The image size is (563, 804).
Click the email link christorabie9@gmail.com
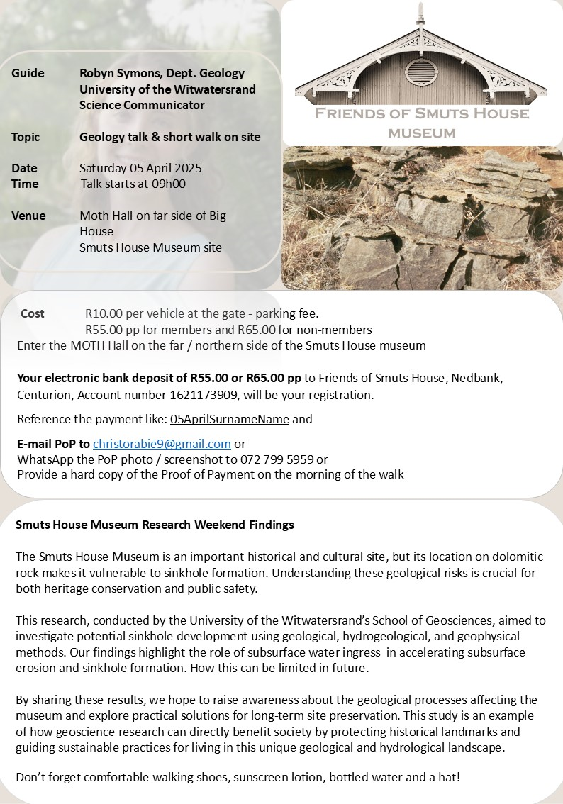point(162,444)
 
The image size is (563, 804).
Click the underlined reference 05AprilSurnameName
point(229,419)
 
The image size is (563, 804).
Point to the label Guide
point(28,73)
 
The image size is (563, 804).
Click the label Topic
point(26,137)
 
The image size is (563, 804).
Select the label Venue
point(28,216)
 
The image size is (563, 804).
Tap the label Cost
point(33,313)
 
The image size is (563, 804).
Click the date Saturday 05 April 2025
point(140,168)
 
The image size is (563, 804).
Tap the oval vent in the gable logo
point(420,72)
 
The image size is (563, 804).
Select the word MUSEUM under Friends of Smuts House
point(422,133)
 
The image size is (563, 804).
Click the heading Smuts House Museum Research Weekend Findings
point(155,525)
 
